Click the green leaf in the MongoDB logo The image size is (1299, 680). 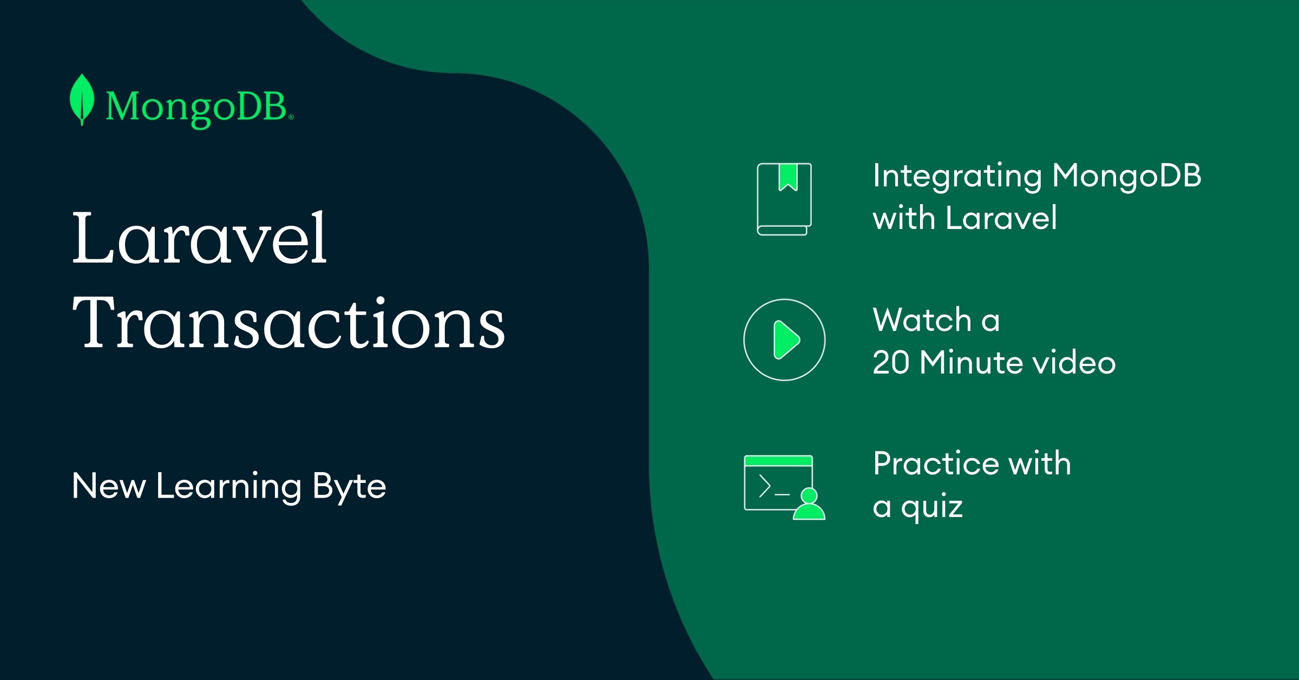[82, 100]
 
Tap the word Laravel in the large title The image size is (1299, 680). [200, 238]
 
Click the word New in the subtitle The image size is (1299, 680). [109, 486]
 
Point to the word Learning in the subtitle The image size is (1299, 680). [228, 487]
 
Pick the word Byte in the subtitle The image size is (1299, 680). [350, 487]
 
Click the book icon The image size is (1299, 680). [784, 199]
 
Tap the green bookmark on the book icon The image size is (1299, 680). [788, 177]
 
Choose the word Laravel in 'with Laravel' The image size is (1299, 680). [1001, 218]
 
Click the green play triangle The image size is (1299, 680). [786, 340]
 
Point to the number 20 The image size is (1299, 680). [891, 362]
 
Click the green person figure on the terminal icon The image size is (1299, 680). [809, 504]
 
